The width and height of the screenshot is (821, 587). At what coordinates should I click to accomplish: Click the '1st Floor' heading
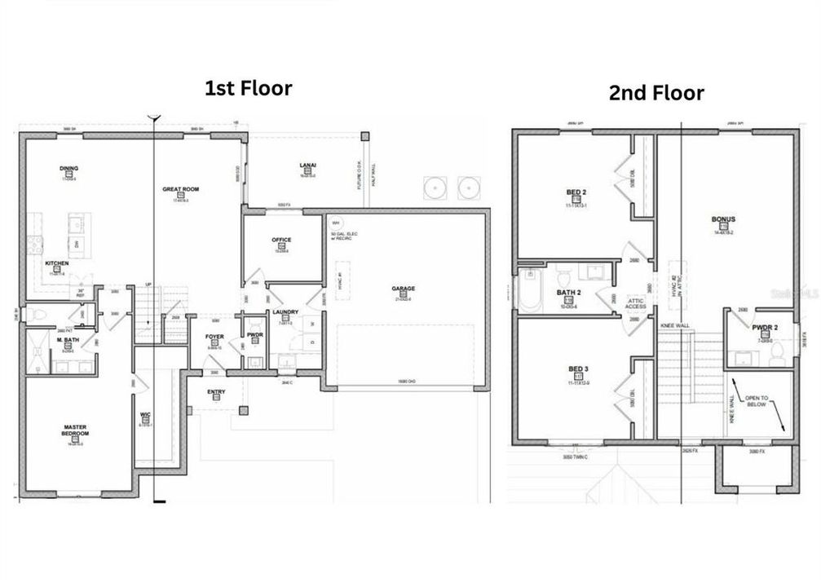point(248,89)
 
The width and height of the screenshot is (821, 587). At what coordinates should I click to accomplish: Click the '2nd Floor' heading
point(655,93)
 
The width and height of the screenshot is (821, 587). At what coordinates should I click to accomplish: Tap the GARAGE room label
point(403,289)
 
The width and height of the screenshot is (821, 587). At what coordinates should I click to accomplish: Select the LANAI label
point(308,166)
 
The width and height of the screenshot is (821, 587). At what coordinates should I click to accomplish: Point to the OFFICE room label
point(281,240)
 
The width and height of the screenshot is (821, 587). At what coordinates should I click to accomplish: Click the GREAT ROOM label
point(180,189)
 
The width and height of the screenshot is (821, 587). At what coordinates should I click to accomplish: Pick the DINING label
point(68,169)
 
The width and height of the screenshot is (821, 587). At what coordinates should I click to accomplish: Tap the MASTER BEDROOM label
point(75,430)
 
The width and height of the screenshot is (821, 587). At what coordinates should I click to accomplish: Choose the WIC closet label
point(145,415)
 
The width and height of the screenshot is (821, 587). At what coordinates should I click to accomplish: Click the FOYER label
point(214,336)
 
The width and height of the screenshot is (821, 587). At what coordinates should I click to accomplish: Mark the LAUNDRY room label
point(285,311)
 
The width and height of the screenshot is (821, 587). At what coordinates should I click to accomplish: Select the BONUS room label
point(723,219)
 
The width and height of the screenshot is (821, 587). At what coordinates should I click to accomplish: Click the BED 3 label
point(577,369)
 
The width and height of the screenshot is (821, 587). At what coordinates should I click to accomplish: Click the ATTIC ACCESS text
point(635,303)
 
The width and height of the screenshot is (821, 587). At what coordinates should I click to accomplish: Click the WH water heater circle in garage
point(335,222)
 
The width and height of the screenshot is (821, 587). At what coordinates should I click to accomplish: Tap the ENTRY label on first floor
point(216,391)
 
